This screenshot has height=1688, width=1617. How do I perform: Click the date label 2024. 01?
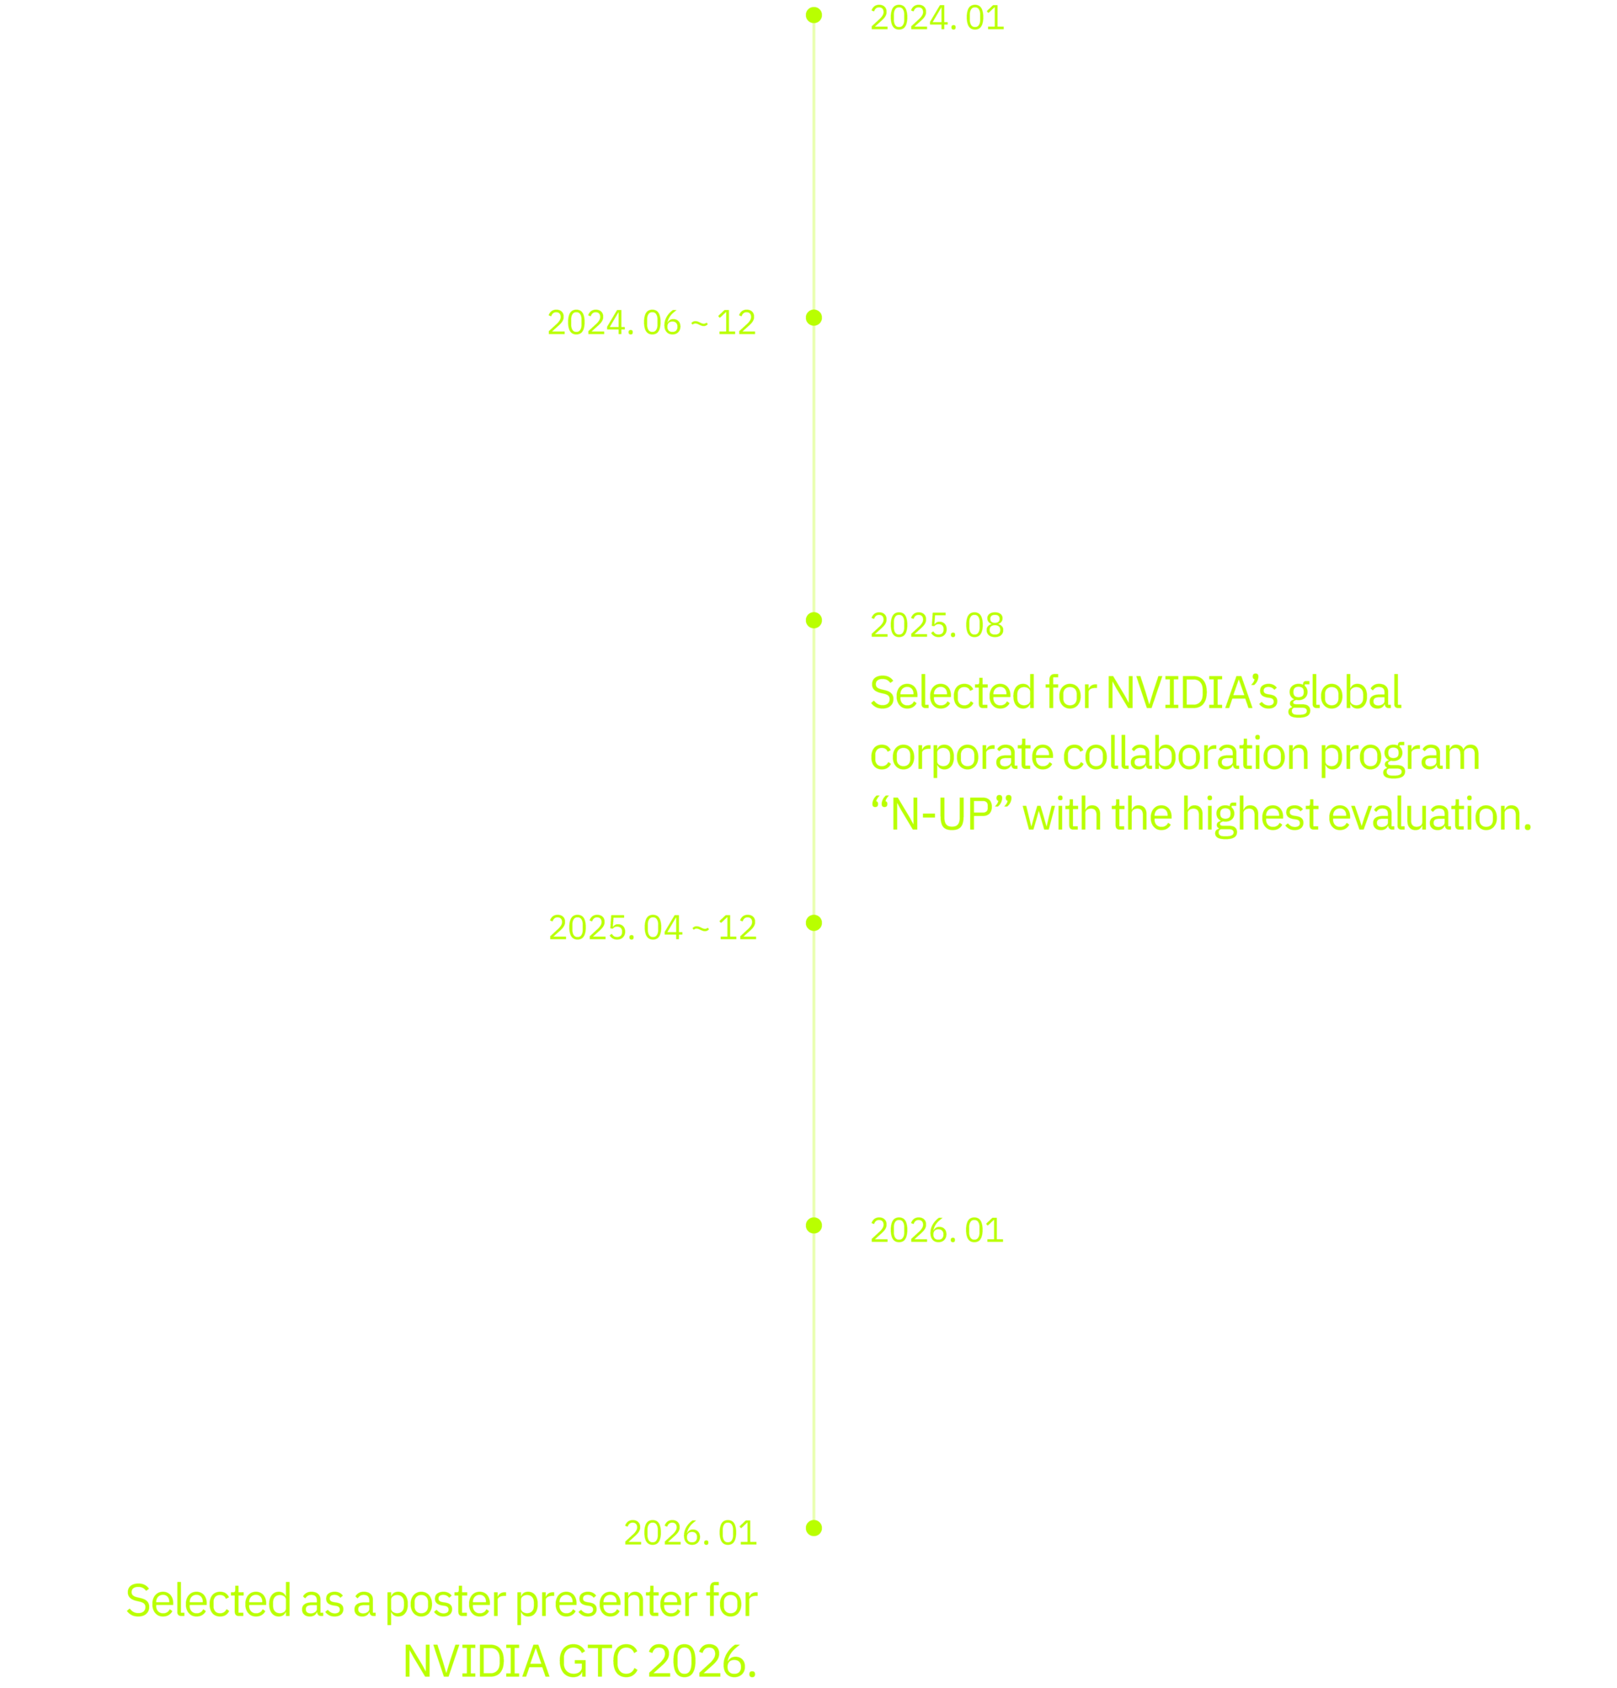(937, 19)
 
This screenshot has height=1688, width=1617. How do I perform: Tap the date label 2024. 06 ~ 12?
(651, 323)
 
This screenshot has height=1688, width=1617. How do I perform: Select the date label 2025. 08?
(937, 626)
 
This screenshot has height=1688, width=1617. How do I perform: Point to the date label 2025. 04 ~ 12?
(652, 928)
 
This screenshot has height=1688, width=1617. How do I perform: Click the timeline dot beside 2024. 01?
(814, 15)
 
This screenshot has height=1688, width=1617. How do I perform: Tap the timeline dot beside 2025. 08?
(814, 620)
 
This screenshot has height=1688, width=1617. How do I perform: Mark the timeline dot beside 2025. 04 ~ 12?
(814, 923)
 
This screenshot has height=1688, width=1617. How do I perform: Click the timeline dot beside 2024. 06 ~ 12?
(814, 318)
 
